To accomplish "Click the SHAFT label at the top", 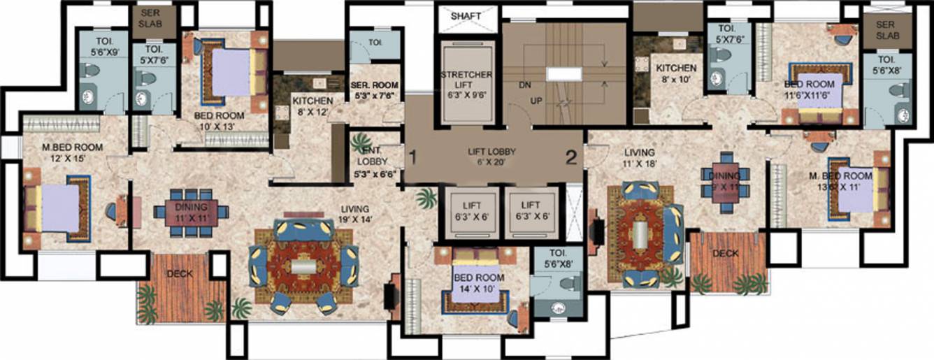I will pos(466,15).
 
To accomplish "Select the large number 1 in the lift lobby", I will pos(414,157).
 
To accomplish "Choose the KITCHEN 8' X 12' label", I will pos(312,107).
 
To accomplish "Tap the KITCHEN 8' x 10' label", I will pos(675,73).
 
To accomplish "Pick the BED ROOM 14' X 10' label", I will pos(480,283).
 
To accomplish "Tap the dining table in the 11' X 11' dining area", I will pos(190,210).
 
